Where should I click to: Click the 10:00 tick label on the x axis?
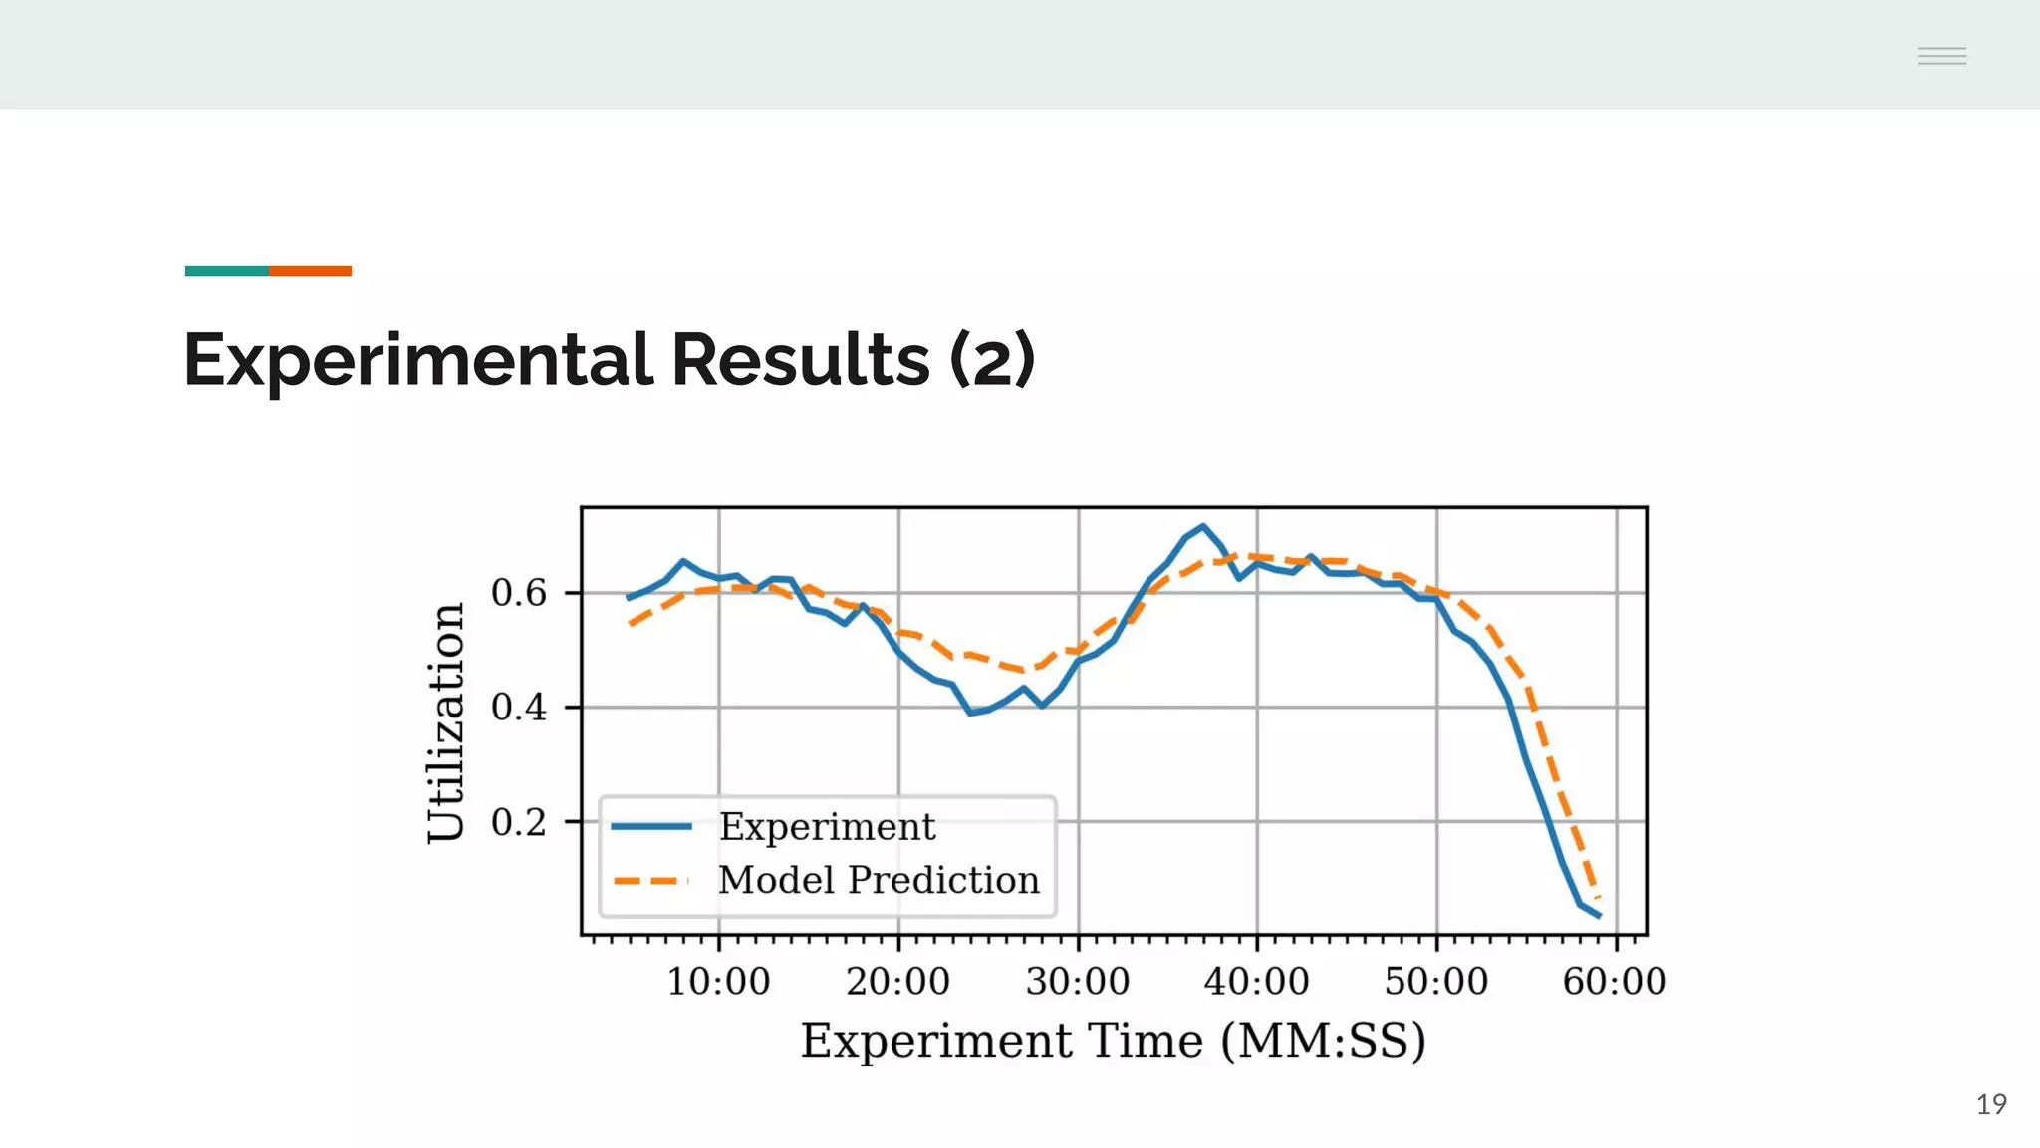click(x=718, y=982)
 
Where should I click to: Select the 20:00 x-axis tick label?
click(x=897, y=982)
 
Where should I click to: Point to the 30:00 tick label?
click(x=1078, y=982)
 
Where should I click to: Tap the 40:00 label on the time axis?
click(x=1257, y=982)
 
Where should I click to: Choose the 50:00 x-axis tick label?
click(x=1436, y=982)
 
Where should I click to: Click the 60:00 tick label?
click(x=1615, y=982)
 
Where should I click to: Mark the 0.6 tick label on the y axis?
click(x=519, y=593)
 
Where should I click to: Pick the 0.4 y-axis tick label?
click(x=519, y=708)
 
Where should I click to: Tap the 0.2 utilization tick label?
click(x=519, y=823)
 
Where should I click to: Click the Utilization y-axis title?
click(x=446, y=722)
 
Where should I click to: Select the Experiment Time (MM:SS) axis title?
click(x=1114, y=1041)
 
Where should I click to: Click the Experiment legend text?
click(x=827, y=827)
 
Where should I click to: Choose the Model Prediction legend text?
click(x=879, y=880)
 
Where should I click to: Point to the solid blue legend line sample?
click(x=651, y=826)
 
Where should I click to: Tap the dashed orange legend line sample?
click(x=651, y=881)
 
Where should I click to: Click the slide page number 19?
click(x=1991, y=1104)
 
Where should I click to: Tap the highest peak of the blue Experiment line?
click(x=1203, y=526)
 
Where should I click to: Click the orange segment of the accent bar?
click(x=310, y=271)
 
